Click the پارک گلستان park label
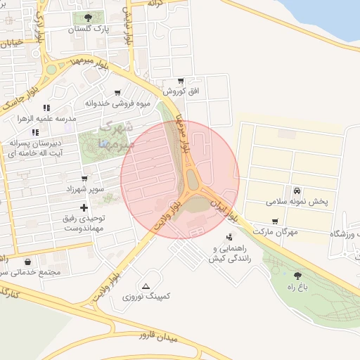[90, 30]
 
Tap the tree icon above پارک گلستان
[88, 18]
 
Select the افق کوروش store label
[182, 91]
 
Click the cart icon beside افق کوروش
[181, 81]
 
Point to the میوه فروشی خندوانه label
[119, 103]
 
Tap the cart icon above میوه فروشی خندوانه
[117, 92]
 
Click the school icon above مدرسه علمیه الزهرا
[46, 108]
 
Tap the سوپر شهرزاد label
[85, 190]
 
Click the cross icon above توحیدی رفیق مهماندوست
[84, 207]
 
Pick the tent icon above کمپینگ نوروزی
[146, 285]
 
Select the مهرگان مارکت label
[275, 231]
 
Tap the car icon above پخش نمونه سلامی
[297, 191]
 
